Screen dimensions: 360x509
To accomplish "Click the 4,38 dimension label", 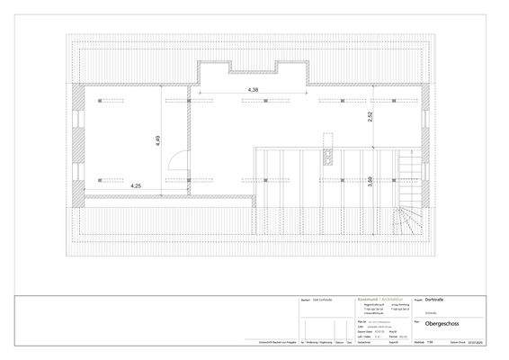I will [x=253, y=90].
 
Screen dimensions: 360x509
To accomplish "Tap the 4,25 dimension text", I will [x=137, y=184].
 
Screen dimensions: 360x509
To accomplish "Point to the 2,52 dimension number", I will [x=369, y=116].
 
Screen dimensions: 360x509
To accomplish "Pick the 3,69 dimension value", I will [x=369, y=181].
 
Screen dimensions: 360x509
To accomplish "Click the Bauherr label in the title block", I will [x=302, y=301].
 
